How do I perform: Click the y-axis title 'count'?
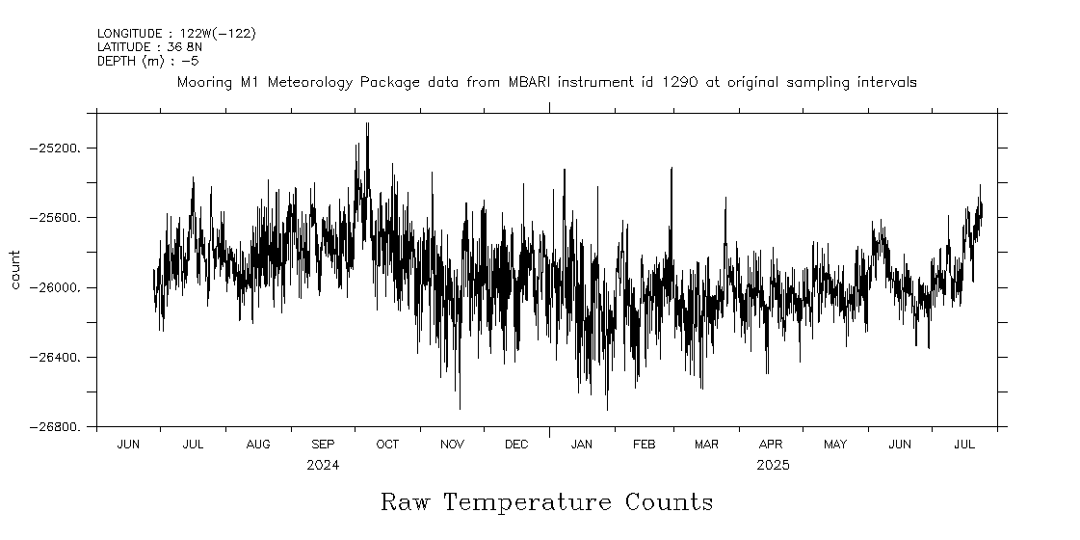point(14,270)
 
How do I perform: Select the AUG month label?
point(258,445)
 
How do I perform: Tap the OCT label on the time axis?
point(387,445)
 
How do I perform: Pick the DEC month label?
point(516,445)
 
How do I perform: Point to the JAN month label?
point(581,445)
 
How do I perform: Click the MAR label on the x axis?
point(706,445)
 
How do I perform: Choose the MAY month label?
point(835,445)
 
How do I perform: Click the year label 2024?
point(323,466)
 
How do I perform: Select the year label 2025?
point(773,466)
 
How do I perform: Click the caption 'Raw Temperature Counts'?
point(546,502)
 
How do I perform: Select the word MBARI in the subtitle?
point(528,83)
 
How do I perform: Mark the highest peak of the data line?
point(367,123)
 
